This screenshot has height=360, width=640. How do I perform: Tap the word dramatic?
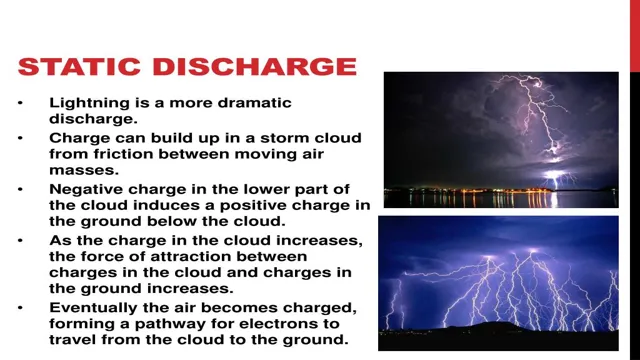(x=262, y=103)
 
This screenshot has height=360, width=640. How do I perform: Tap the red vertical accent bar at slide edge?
(x=634, y=35)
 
